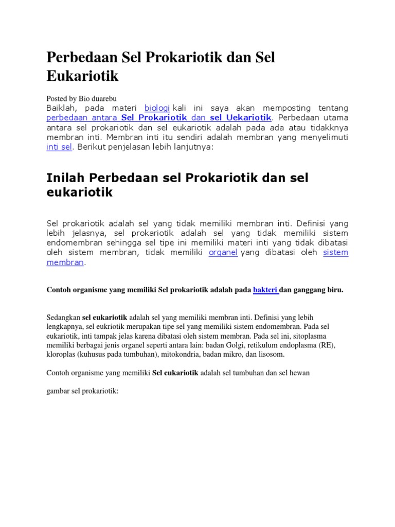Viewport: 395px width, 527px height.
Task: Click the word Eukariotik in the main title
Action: coord(82,76)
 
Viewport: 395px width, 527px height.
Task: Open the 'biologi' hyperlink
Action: coord(157,108)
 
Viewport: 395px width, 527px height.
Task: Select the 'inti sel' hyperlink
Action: coord(59,147)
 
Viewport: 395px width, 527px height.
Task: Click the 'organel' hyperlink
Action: coord(223,253)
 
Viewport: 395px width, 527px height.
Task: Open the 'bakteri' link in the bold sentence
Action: coord(265,290)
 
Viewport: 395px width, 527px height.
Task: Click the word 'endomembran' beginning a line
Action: coord(72,243)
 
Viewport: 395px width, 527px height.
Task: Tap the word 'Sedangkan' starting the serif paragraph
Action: coord(63,317)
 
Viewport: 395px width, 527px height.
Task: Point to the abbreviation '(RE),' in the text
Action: coord(323,345)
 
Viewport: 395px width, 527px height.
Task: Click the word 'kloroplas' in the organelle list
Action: coord(61,355)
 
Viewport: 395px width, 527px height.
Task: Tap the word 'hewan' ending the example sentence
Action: coord(299,373)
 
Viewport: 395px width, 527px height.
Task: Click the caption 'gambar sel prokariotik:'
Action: coord(82,392)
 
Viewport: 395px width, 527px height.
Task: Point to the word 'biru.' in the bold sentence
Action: coord(334,290)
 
